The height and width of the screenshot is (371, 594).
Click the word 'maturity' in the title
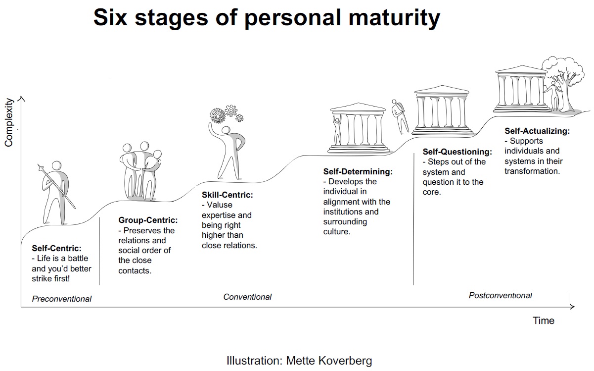[x=391, y=18]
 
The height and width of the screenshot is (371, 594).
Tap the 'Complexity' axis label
[x=8, y=122]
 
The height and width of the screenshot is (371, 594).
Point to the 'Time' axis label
[x=543, y=320]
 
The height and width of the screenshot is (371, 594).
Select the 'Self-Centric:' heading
[x=56, y=249]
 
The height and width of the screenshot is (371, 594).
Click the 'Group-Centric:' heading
[x=148, y=220]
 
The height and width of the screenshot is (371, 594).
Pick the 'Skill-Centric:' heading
[x=227, y=195]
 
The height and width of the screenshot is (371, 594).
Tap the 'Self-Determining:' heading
[x=358, y=172]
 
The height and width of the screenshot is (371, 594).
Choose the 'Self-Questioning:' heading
[x=457, y=152]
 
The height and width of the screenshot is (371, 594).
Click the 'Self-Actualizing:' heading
[x=537, y=131]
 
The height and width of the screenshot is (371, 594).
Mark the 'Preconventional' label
[x=62, y=299]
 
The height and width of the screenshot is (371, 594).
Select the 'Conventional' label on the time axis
[x=247, y=297]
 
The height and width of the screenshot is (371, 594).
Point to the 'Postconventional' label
[x=500, y=296]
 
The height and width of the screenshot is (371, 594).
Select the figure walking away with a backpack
[x=400, y=115]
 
